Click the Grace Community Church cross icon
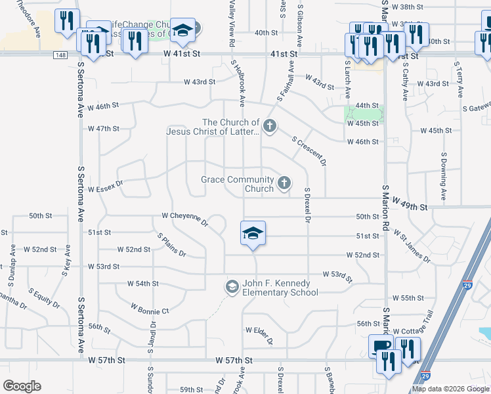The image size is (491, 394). click(x=284, y=183)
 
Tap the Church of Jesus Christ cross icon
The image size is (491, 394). click(x=268, y=125)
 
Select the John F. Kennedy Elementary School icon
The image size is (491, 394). click(x=232, y=287)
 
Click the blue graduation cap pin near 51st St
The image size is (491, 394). click(x=253, y=234)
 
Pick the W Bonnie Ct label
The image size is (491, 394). click(x=150, y=309)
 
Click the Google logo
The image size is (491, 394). click(x=22, y=386)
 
